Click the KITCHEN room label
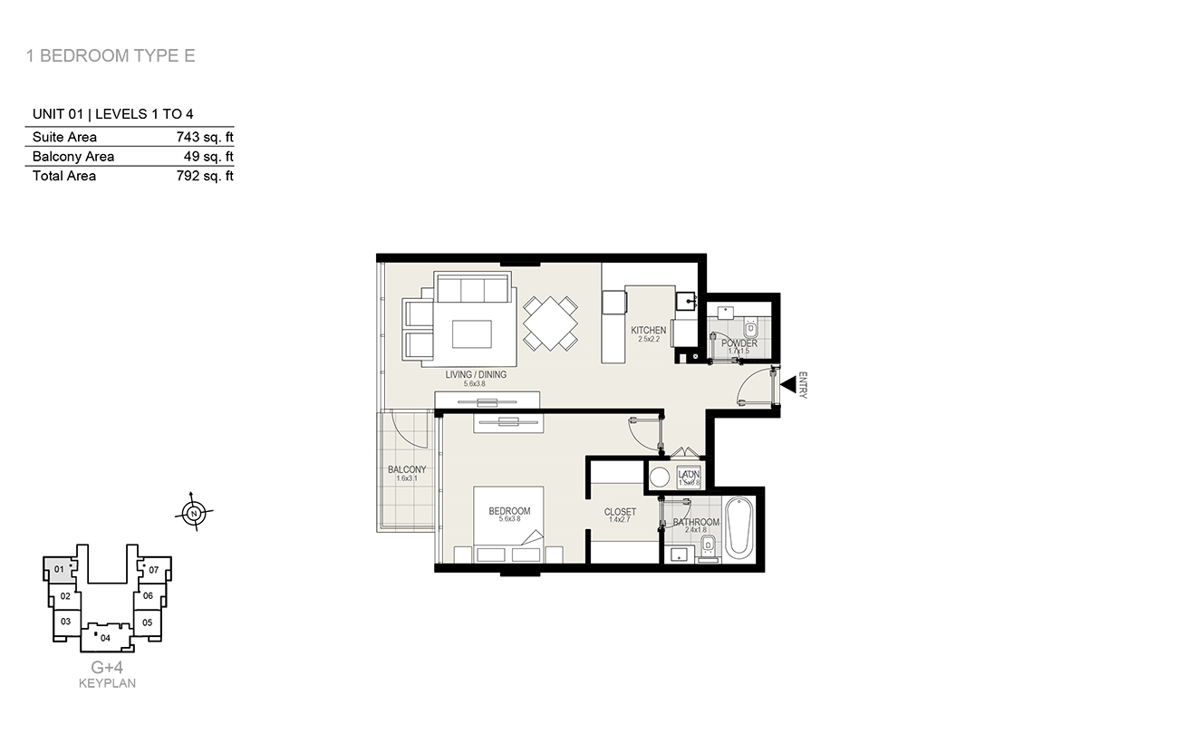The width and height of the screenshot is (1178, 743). click(649, 330)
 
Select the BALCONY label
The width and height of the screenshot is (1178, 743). click(407, 469)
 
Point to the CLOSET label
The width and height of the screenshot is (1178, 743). click(620, 512)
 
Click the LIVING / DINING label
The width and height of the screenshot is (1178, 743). click(476, 374)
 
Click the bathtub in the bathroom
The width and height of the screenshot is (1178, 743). click(739, 527)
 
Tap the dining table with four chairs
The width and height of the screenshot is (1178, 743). click(550, 323)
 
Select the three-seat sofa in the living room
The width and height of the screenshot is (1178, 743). click(471, 289)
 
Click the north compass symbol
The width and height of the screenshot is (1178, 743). click(193, 513)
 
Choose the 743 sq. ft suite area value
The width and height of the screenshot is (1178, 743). click(205, 137)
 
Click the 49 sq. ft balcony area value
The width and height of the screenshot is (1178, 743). click(209, 156)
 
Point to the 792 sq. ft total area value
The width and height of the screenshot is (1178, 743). click(205, 176)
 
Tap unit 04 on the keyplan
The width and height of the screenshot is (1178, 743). click(105, 638)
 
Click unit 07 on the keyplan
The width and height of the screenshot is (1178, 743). click(153, 570)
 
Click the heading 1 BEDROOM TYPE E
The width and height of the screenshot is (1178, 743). click(111, 56)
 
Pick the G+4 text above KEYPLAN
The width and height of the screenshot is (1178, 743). click(107, 668)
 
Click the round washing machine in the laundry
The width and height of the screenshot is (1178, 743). click(661, 478)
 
